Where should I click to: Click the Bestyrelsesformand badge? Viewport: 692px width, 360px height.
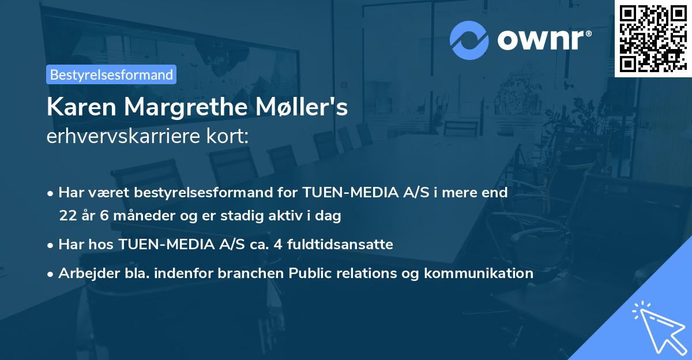coord(111,74)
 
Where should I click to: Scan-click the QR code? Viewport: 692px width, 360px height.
coord(653,38)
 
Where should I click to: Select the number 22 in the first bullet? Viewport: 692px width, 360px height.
coord(67,216)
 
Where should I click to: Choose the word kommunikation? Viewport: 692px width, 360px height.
coord(479,273)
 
